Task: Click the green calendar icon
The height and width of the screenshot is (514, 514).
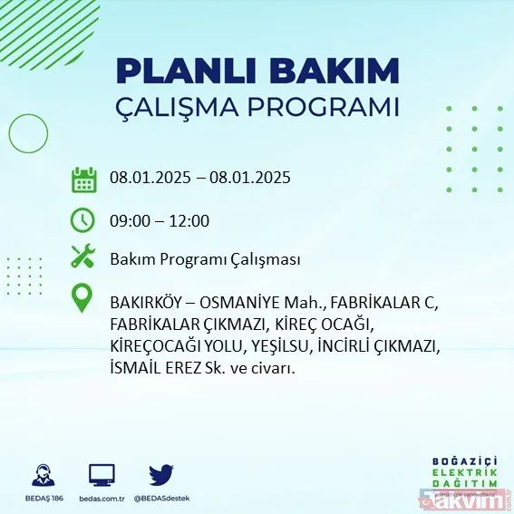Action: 83,179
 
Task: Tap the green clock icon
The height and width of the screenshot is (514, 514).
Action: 83,220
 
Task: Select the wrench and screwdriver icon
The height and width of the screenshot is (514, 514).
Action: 83,258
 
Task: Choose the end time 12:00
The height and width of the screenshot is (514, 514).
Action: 189,221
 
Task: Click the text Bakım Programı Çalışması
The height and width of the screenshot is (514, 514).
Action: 205,260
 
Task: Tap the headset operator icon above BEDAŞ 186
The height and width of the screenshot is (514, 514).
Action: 42,475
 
